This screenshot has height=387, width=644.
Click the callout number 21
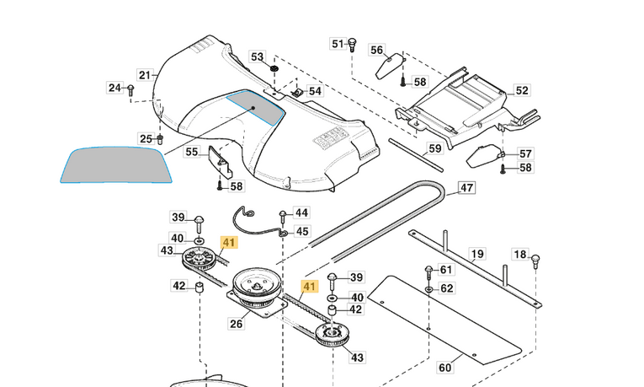[x=145, y=75]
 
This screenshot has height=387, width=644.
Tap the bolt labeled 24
[x=130, y=89]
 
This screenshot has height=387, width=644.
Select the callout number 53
[x=258, y=56]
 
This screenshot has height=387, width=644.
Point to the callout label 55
[x=192, y=153]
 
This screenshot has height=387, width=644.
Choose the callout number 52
[x=522, y=90]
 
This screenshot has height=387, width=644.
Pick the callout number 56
[x=377, y=50]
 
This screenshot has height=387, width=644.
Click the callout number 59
[x=434, y=149]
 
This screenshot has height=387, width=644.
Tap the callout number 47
[x=466, y=188]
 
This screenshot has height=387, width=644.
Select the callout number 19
[x=477, y=253]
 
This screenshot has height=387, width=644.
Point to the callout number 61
[x=445, y=270]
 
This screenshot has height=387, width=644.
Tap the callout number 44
[x=301, y=212]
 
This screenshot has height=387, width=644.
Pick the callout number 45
[x=301, y=231]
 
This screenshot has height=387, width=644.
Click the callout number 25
[x=146, y=138]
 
